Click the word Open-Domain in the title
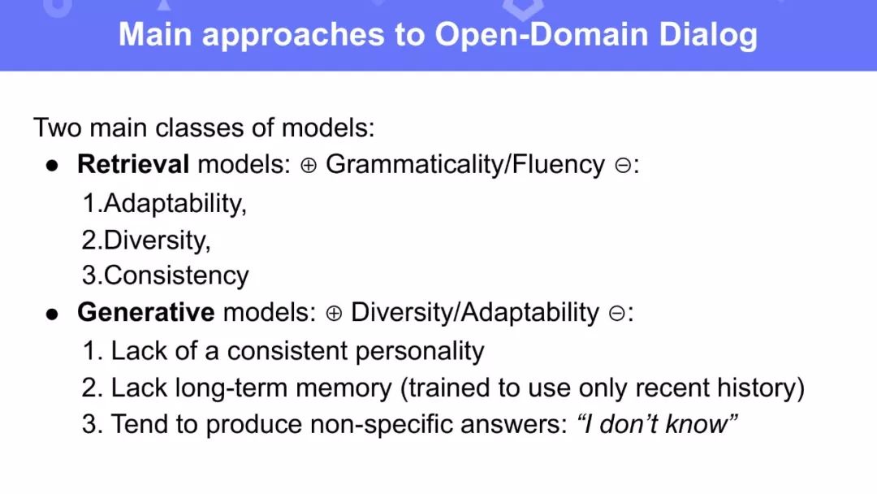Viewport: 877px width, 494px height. point(542,35)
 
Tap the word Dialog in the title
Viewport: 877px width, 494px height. point(708,36)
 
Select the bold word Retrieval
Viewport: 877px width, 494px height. point(133,164)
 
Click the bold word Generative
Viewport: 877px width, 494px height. point(146,312)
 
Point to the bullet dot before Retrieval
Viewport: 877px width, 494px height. point(53,167)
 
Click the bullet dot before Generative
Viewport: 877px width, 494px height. point(53,314)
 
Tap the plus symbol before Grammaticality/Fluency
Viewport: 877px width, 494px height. point(309,166)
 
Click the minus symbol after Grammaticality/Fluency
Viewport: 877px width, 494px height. point(623,166)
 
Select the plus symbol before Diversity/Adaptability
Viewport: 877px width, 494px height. point(334,314)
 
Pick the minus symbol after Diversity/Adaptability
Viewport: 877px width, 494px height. point(617,314)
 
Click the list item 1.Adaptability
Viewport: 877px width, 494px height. point(164,203)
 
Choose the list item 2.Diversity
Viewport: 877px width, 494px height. point(146,240)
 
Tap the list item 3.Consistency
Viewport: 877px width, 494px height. point(166,275)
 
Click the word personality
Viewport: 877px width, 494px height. point(420,351)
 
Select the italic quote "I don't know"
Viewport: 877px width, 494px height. point(657,424)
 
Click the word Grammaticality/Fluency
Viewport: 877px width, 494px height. point(465,165)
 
